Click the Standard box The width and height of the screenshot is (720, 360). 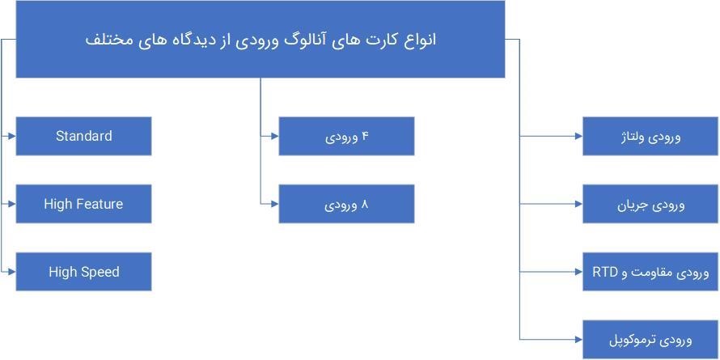[x=83, y=136]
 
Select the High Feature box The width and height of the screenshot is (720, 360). [x=83, y=204]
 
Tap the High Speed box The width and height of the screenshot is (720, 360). [x=83, y=272]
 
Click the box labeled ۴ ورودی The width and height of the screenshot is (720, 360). [x=346, y=136]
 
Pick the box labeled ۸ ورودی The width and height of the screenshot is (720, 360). [x=346, y=204]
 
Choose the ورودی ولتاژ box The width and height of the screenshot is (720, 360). [x=650, y=137]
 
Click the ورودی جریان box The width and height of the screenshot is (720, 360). [x=650, y=205]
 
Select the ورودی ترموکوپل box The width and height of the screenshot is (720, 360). [x=650, y=340]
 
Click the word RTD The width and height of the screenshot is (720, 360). [x=605, y=272]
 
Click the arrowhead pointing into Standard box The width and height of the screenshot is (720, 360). [x=11, y=136]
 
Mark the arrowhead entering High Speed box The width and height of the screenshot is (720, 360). [x=11, y=272]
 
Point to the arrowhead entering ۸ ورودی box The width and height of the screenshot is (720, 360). [x=274, y=204]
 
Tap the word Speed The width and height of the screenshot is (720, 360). [x=100, y=272]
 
